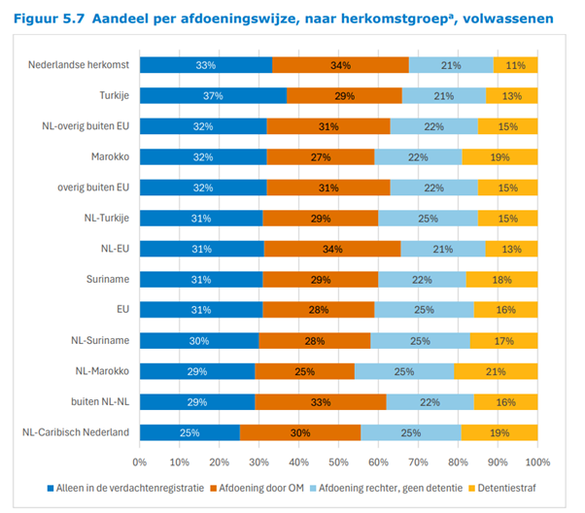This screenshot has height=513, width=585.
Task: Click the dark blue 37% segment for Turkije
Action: pyautogui.click(x=213, y=95)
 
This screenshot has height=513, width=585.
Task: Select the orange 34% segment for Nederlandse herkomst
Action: pyautogui.click(x=340, y=65)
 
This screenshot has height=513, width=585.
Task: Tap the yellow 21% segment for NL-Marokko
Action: pyautogui.click(x=496, y=371)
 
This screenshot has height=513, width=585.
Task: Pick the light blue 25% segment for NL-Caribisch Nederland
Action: pyautogui.click(x=410, y=432)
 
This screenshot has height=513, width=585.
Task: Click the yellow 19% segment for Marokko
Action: pyautogui.click(x=499, y=156)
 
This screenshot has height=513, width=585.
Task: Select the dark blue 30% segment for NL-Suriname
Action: pyautogui.click(x=199, y=340)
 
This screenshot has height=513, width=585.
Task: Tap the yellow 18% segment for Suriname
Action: pyautogui.click(x=502, y=279)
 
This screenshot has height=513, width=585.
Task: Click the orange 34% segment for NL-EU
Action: pyautogui.click(x=331, y=249)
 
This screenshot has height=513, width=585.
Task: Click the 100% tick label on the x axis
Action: pyautogui.click(x=537, y=462)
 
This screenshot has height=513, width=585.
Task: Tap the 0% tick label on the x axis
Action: pyautogui.click(x=140, y=462)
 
